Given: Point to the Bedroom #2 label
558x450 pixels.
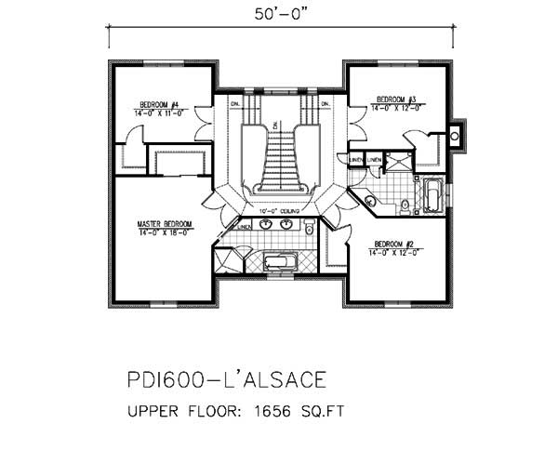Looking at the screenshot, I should pyautogui.click(x=391, y=243).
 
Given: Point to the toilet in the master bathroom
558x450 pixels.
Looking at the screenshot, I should pyautogui.click(x=308, y=227).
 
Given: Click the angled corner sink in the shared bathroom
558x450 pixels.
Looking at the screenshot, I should pyautogui.click(x=370, y=200).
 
